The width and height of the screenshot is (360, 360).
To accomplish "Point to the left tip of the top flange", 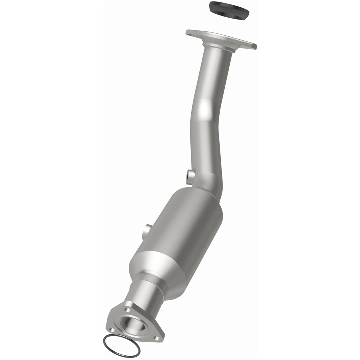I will pos(188,32).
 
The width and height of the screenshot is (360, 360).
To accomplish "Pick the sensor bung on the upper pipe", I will pos(190,176).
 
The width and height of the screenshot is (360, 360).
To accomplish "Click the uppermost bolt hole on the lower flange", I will pos(127,309).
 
